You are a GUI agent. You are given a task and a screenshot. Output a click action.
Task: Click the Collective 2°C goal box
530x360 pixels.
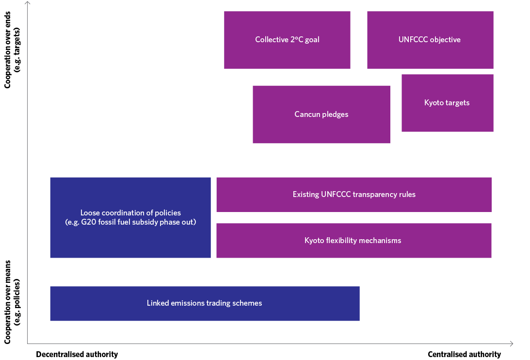[x=287, y=40]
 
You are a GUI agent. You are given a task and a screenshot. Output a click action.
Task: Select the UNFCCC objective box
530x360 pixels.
[x=430, y=40]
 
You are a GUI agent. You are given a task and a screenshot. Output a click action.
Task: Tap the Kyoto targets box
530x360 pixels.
[x=447, y=103]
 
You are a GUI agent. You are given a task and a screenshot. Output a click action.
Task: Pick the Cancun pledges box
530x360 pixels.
[x=321, y=115]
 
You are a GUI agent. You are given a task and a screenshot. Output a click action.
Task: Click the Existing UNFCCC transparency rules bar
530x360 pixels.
[x=353, y=195]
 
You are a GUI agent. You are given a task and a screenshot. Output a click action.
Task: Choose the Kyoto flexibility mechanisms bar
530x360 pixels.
[x=353, y=241]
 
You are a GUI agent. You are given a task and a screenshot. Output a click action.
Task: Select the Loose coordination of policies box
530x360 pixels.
[x=130, y=217]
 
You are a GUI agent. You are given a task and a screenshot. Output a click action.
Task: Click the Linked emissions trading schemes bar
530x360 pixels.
[x=204, y=303]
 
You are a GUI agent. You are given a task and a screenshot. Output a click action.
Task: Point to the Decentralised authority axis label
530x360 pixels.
[x=77, y=354]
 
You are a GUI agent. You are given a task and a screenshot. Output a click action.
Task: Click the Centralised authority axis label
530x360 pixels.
[x=464, y=354]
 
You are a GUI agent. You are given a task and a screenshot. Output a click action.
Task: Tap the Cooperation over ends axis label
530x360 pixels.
[x=13, y=50]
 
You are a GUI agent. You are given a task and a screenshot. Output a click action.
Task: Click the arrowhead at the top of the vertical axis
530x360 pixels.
[x=28, y=3]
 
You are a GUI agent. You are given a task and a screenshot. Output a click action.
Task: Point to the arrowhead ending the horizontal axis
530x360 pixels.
[x=511, y=344]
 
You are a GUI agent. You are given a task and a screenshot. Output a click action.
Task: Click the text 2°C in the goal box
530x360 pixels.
[x=296, y=40]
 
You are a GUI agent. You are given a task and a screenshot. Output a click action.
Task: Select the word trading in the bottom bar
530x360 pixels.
[x=220, y=303]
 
